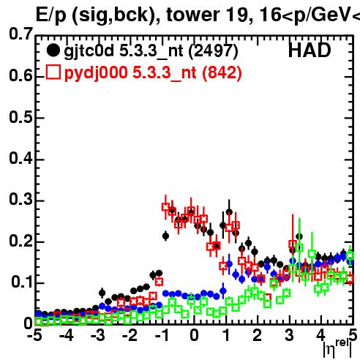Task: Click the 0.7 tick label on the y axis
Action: (x=20, y=34)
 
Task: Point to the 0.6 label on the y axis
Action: (x=20, y=75)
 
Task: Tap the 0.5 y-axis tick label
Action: (x=20, y=117)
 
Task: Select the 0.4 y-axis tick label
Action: (x=20, y=158)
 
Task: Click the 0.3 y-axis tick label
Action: (x=20, y=199)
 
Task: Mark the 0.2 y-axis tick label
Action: (x=20, y=241)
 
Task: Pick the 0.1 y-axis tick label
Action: (x=21, y=282)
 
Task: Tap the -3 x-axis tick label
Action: (x=98, y=335)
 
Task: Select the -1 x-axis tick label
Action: (x=162, y=335)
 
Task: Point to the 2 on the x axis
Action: (x=258, y=335)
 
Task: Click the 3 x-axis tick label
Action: (x=289, y=335)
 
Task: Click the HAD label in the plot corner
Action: (x=310, y=50)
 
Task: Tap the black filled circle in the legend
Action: (x=53, y=50)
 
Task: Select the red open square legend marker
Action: (x=53, y=72)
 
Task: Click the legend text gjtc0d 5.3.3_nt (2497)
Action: (x=151, y=51)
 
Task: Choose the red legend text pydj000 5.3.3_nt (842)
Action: (x=153, y=73)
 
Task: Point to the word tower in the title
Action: (x=193, y=15)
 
